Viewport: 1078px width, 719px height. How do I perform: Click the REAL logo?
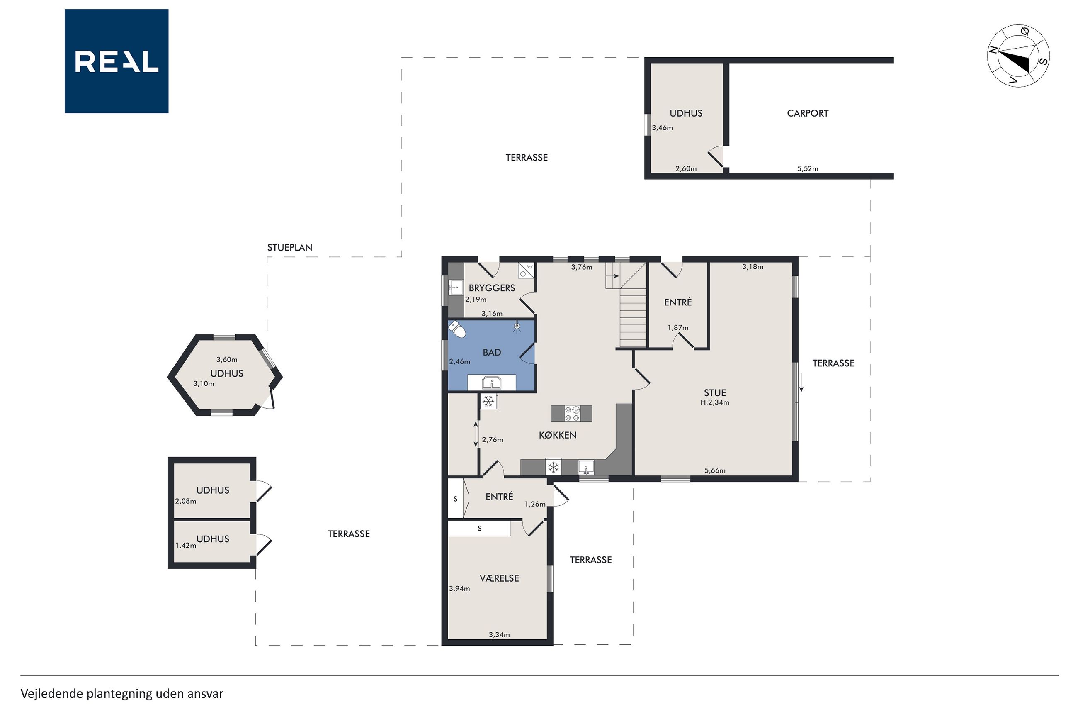(117, 61)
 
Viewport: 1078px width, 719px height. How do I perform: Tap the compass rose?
(1018, 56)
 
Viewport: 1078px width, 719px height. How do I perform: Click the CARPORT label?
(807, 113)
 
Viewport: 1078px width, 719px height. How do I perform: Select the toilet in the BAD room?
(457, 329)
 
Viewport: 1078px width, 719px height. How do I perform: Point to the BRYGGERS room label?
(492, 288)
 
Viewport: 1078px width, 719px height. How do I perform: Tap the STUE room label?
(715, 393)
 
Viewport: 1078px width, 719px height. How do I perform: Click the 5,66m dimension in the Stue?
(715, 470)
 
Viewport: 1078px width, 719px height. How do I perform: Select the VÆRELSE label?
(499, 578)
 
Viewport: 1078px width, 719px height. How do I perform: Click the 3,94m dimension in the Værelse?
(459, 589)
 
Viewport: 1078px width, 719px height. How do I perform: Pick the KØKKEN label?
(558, 435)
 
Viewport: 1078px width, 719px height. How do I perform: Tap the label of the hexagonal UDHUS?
(226, 374)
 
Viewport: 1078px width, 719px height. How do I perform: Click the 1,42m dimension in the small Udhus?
(186, 546)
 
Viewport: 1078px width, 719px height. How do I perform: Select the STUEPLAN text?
(289, 248)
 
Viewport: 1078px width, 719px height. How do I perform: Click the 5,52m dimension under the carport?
(807, 169)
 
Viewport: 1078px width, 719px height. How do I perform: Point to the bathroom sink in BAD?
(492, 383)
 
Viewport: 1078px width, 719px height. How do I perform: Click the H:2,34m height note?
(715, 402)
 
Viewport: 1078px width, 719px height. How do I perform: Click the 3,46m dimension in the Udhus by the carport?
(662, 128)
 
